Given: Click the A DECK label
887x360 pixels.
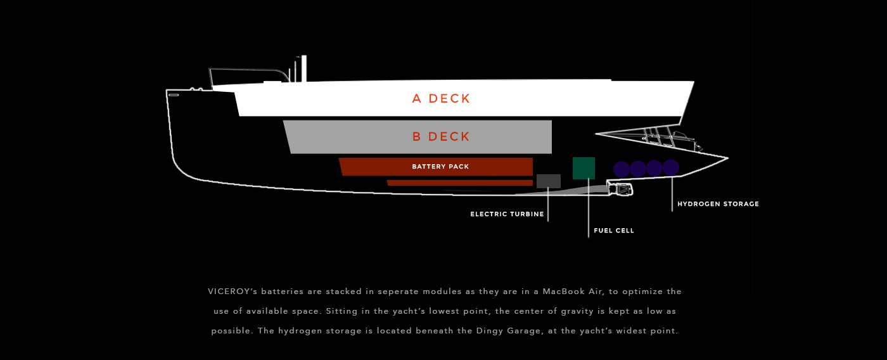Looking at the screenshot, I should pyautogui.click(x=441, y=99).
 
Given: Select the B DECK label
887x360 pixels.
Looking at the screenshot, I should pyautogui.click(x=441, y=137).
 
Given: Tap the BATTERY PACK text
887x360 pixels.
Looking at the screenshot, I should pyautogui.click(x=440, y=167).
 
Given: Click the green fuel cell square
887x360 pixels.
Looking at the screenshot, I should pyautogui.click(x=584, y=168).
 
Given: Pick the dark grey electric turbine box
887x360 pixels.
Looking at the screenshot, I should pyautogui.click(x=548, y=181).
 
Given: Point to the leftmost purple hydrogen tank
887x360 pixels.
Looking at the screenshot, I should pyautogui.click(x=622, y=169).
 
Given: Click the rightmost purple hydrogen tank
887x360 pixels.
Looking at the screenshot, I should pyautogui.click(x=671, y=168).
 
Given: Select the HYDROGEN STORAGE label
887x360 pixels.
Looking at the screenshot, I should pyautogui.click(x=718, y=204).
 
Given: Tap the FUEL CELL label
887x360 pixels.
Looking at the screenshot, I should pyautogui.click(x=614, y=231).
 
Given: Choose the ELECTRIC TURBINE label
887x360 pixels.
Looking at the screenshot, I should pyautogui.click(x=507, y=214).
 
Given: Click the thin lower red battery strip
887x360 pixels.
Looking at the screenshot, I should pyautogui.click(x=459, y=183).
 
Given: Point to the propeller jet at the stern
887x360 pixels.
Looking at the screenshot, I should pyautogui.click(x=621, y=189).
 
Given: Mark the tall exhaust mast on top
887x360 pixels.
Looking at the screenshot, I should pyautogui.click(x=304, y=68).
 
